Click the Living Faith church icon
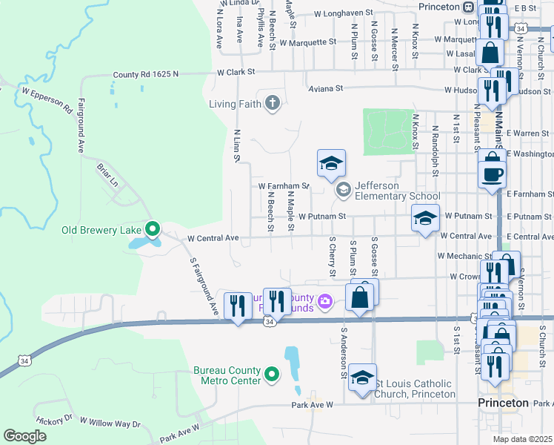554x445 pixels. (272, 103)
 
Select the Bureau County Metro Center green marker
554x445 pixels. (271, 375)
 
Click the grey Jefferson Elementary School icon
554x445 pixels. (343, 191)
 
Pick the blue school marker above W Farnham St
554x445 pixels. (331, 165)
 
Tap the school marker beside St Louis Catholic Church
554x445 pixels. (361, 378)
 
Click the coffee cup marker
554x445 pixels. (493, 174)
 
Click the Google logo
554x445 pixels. (25, 436)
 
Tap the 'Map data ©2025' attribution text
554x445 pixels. (522, 439)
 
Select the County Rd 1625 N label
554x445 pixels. (147, 74)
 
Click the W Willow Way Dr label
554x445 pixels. (110, 423)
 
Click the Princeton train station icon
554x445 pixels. (468, 7)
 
